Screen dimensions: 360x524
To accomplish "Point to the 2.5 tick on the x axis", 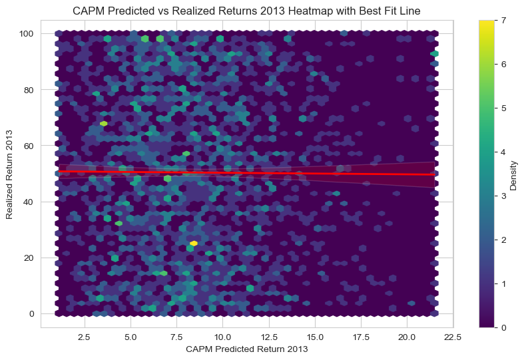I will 85,336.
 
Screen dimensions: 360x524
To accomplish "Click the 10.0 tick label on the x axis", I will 222,336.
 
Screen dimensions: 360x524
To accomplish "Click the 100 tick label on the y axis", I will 27,33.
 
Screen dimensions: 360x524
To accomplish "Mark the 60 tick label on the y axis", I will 30,145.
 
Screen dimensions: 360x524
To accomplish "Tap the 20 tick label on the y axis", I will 30,258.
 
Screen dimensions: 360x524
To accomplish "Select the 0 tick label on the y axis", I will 33,313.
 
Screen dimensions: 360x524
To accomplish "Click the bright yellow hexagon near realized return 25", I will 194,244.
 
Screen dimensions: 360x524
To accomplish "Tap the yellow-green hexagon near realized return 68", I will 103,124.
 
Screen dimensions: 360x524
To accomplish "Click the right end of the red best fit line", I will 434,174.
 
